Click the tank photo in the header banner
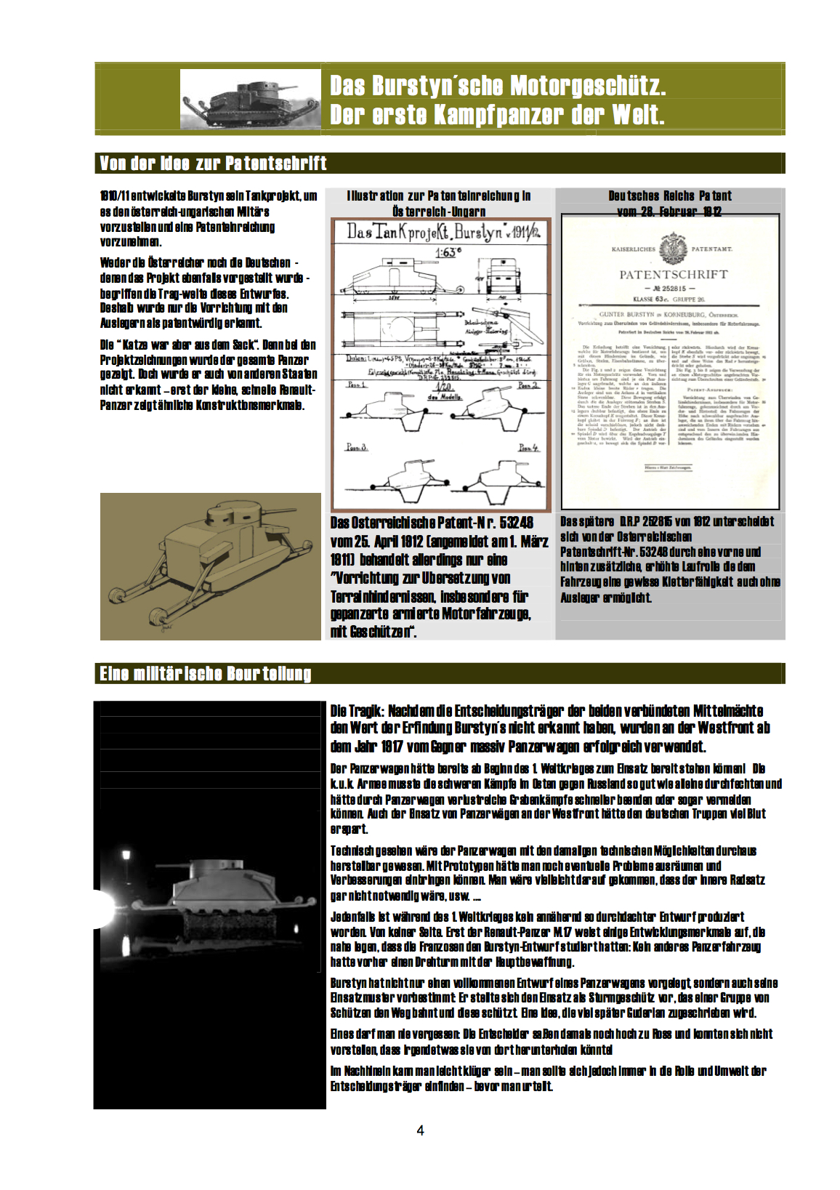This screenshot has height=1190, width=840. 250,100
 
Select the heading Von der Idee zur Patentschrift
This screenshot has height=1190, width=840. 213,164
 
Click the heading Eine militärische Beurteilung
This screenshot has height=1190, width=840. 206,674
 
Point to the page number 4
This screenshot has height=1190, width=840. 420,1130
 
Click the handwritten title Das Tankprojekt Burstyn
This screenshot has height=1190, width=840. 440,233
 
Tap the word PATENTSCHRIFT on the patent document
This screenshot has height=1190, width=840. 673,275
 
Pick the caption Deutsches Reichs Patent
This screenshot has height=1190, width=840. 669,196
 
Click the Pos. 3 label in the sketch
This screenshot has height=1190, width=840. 356,447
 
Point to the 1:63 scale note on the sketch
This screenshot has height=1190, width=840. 448,252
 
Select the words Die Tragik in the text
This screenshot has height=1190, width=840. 357,711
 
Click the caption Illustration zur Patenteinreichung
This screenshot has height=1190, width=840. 439,196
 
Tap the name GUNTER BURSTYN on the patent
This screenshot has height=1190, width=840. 629,315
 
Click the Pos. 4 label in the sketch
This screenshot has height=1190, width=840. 528,448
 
